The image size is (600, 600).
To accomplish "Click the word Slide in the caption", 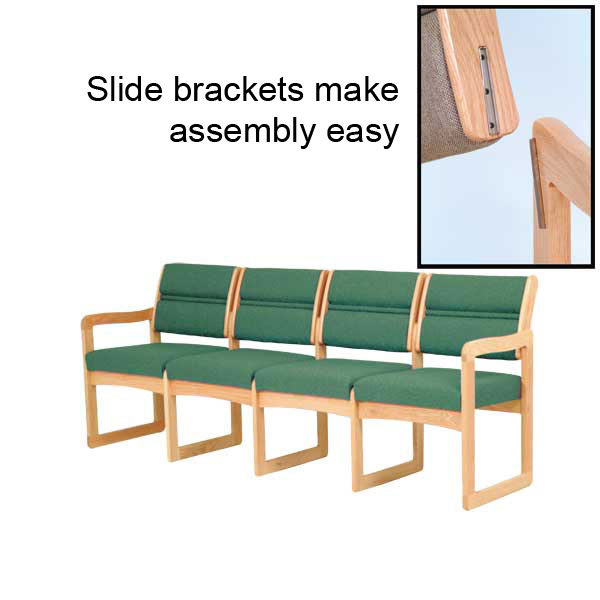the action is click(x=125, y=89).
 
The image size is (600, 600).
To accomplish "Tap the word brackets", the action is click(x=239, y=89).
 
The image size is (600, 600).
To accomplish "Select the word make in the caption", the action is click(x=357, y=89).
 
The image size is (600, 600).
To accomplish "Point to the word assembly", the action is click(x=242, y=132).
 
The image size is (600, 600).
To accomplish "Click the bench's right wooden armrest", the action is click(x=496, y=344).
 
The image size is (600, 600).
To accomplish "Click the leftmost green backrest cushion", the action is click(x=195, y=301).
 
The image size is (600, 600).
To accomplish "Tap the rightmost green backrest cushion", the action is click(x=473, y=316).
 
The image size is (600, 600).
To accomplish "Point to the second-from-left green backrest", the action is click(x=278, y=306).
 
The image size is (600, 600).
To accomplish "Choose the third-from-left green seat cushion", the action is click(x=333, y=378).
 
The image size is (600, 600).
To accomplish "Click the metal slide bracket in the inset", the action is click(x=488, y=90).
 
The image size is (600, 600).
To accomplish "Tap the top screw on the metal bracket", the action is click(x=484, y=57).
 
